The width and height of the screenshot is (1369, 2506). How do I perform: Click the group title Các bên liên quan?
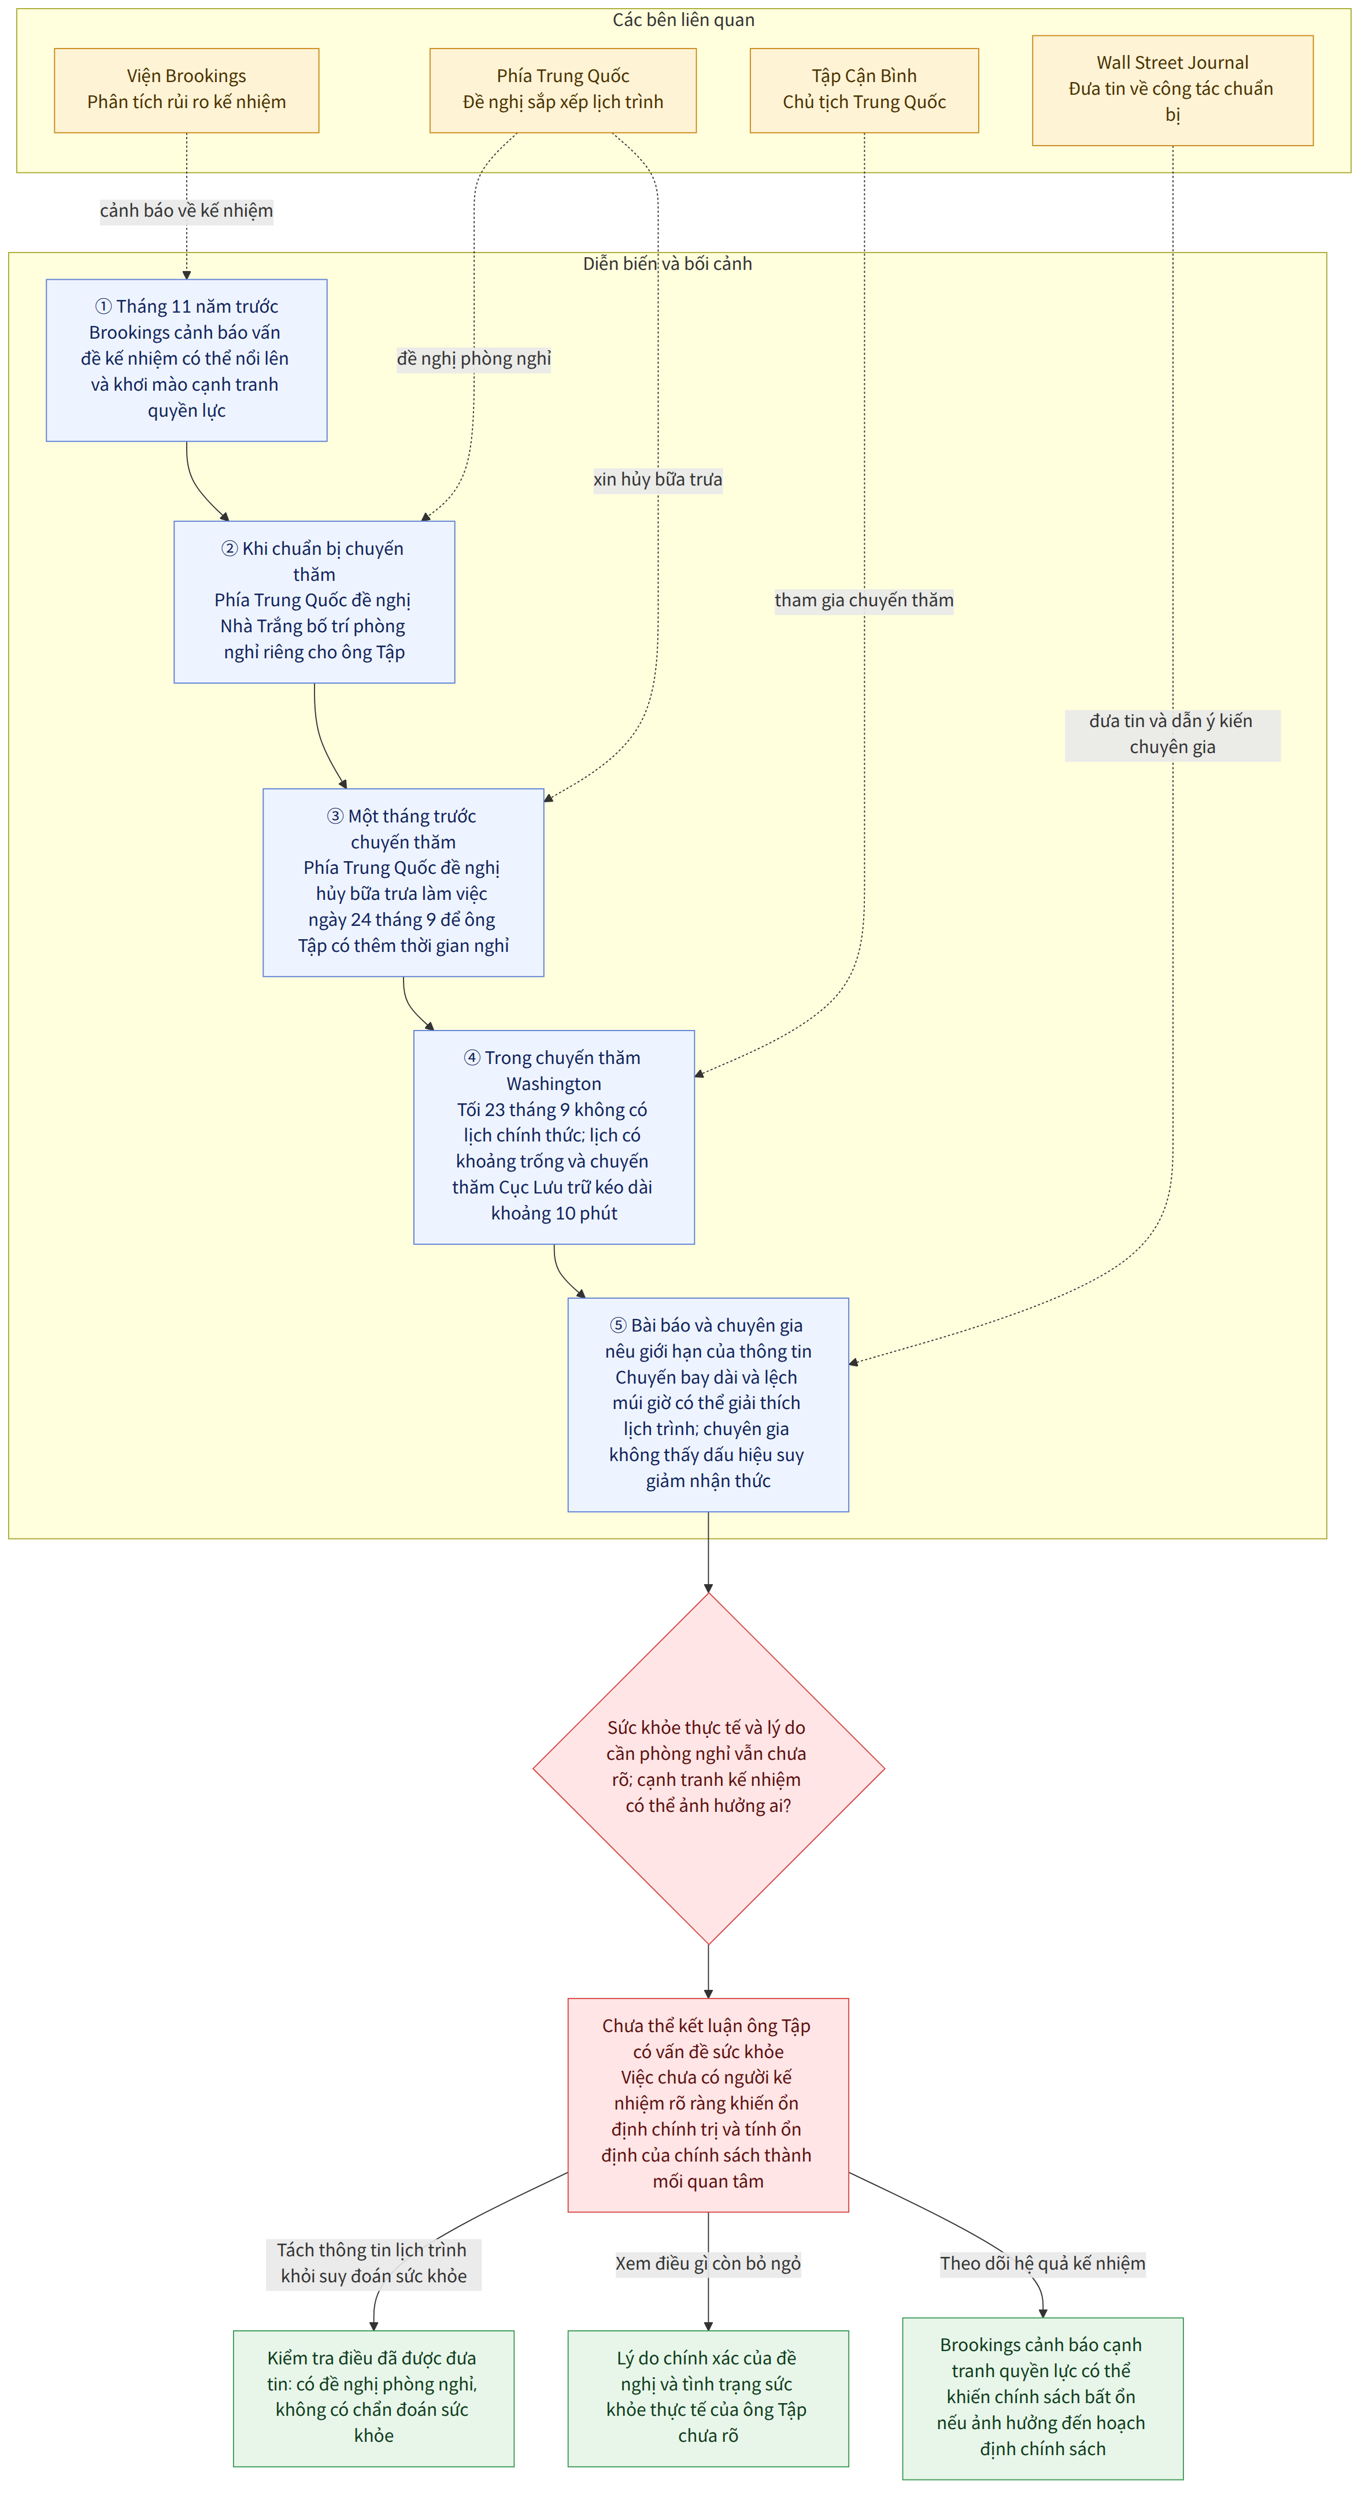tap(683, 20)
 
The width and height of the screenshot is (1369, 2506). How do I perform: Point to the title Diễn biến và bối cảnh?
tap(668, 264)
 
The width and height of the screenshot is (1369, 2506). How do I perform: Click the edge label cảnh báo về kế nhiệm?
tap(187, 211)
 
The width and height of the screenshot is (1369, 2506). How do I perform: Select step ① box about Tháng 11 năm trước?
tap(187, 360)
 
